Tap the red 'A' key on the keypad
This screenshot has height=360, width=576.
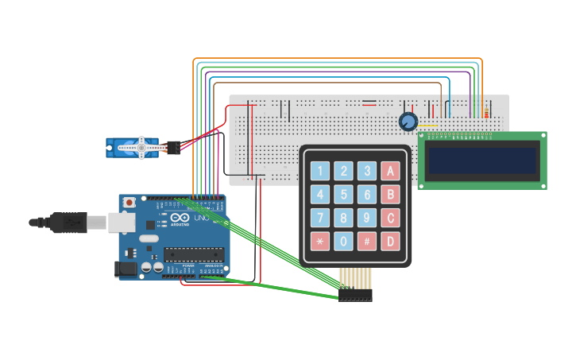[x=390, y=171]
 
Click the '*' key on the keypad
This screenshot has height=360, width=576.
[x=320, y=242]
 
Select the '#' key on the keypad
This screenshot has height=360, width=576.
[x=366, y=242]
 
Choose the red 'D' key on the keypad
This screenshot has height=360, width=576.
[x=390, y=242]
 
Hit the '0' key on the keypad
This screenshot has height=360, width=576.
[x=343, y=242]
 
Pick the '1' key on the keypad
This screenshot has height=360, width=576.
[x=320, y=171]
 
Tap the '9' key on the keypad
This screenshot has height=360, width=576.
[x=366, y=218]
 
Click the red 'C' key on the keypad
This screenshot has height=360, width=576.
[x=390, y=218]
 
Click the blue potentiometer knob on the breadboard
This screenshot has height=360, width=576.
[x=408, y=122]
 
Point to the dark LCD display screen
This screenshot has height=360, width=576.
[x=482, y=161]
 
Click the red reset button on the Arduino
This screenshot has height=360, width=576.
[x=130, y=203]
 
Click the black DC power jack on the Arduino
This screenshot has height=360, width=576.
[x=125, y=269]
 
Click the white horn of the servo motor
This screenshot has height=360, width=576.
[x=141, y=147]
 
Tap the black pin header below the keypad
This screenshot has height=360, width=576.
[x=355, y=295]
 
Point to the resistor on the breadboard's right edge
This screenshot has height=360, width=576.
[x=486, y=114]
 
